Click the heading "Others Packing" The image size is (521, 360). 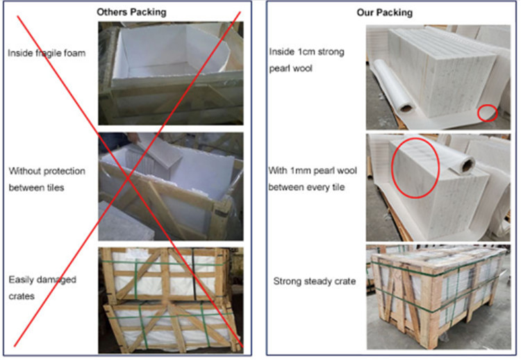pyautogui.click(x=131, y=13)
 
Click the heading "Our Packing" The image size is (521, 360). pyautogui.click(x=384, y=13)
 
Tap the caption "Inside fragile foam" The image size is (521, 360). pyautogui.click(x=47, y=54)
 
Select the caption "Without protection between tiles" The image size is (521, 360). pyautogui.click(x=47, y=179)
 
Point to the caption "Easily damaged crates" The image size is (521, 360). pyautogui.click(x=42, y=288)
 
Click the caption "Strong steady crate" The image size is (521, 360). pyautogui.click(x=314, y=281)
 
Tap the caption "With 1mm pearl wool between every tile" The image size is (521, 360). pyautogui.click(x=313, y=179)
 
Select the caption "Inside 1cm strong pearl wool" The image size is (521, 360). pyautogui.click(x=306, y=60)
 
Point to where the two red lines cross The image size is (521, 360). pyautogui.click(x=129, y=179)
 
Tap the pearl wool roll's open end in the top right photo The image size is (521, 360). pyautogui.click(x=406, y=107)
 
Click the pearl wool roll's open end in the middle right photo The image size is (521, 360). pyautogui.click(x=468, y=165)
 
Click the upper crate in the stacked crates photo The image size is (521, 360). pyautogui.click(x=165, y=275)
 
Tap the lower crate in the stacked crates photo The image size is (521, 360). pyautogui.click(x=171, y=327)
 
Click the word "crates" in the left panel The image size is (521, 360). pyautogui.click(x=22, y=296)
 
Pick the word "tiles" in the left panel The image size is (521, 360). pyautogui.click(x=55, y=188)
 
